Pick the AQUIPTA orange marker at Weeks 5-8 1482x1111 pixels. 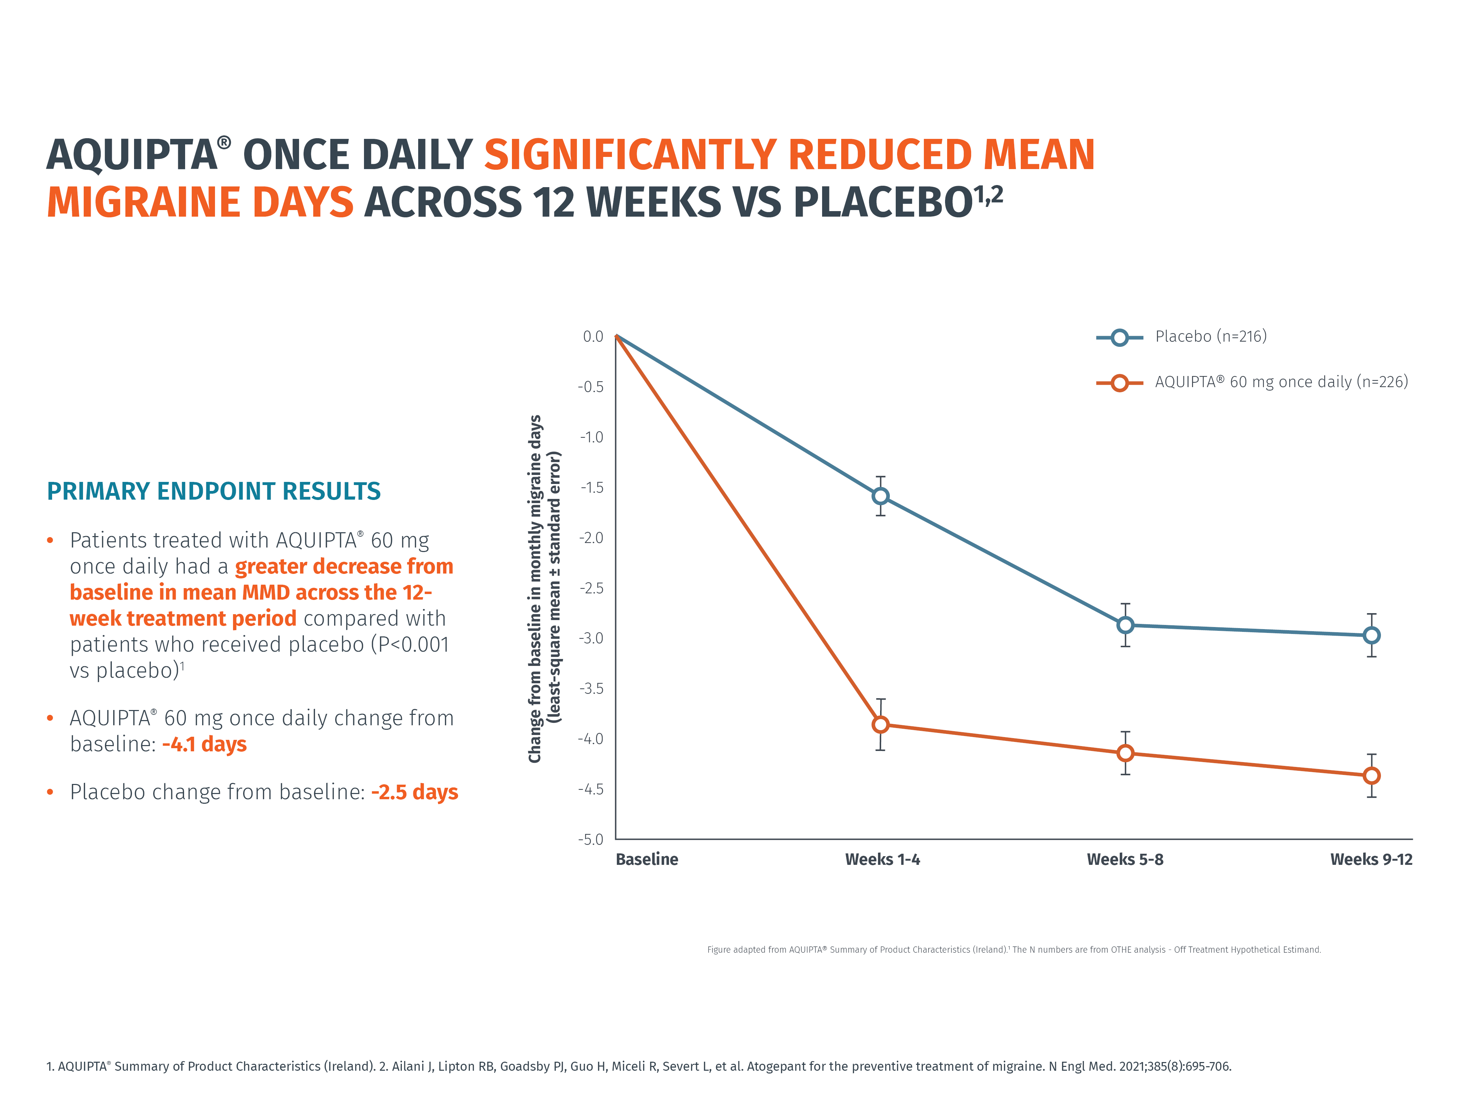(1126, 753)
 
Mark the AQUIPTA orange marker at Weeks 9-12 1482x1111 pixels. (1372, 776)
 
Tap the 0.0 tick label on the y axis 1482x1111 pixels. (593, 336)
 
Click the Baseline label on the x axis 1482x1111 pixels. (647, 859)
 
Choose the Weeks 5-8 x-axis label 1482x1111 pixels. (1125, 859)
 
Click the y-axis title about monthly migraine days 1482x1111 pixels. (544, 588)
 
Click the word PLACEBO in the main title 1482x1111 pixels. (883, 202)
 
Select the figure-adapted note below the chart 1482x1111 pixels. (1014, 950)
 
